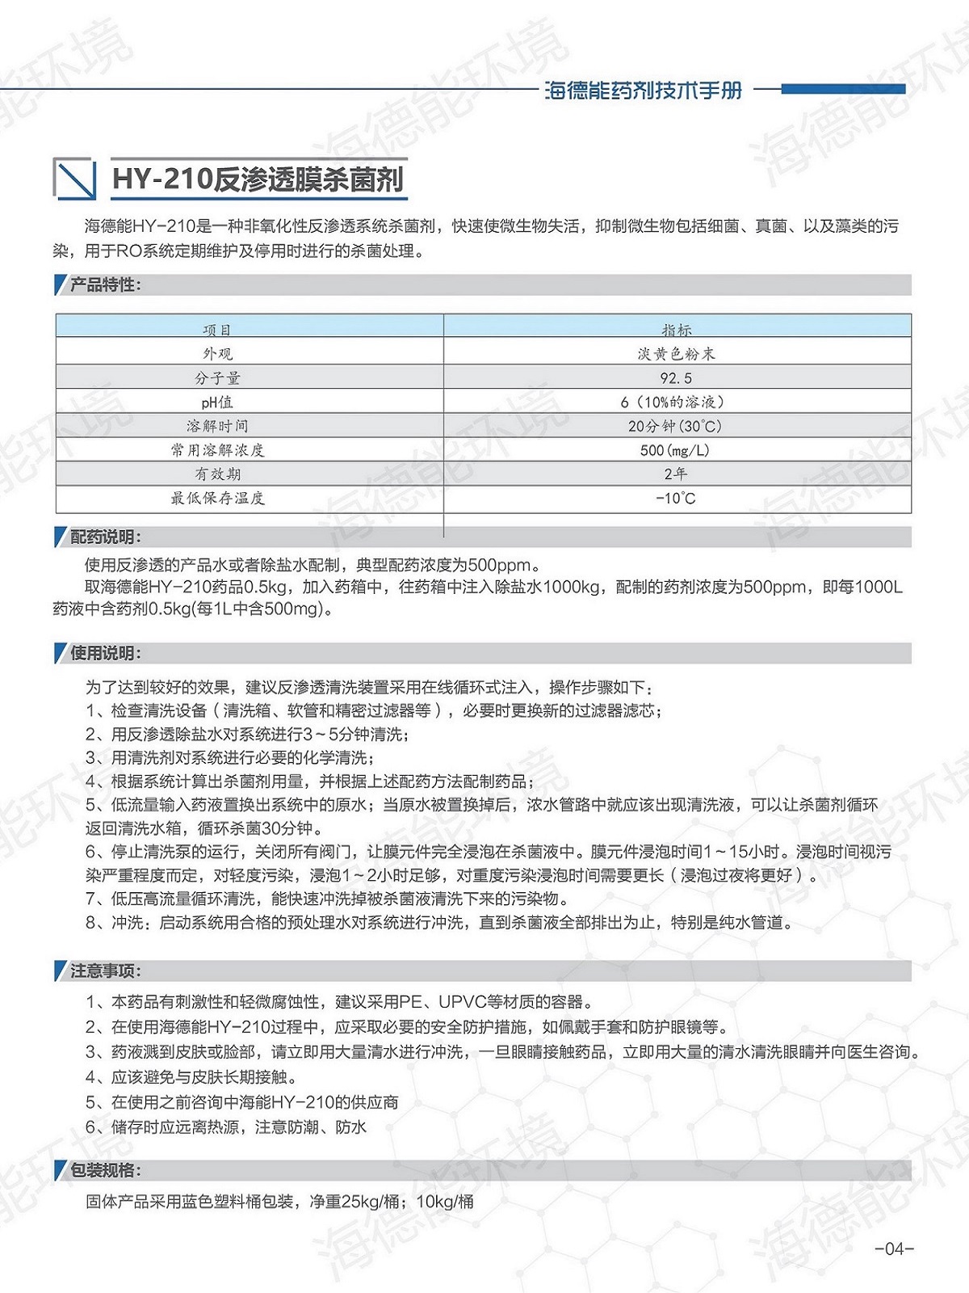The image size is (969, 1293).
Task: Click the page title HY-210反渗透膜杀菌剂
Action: pyautogui.click(x=258, y=179)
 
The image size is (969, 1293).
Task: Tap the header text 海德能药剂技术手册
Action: pyautogui.click(x=643, y=90)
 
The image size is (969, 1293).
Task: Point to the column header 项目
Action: pyautogui.click(x=217, y=330)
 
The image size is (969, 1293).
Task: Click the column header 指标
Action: pyautogui.click(x=677, y=330)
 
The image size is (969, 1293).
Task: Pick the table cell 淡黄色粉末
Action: pyautogui.click(x=677, y=354)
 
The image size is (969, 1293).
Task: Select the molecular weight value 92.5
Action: pyautogui.click(x=677, y=378)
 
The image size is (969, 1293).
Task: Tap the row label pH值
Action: pyautogui.click(x=217, y=402)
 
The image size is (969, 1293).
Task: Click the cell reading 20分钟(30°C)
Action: pyautogui.click(x=676, y=426)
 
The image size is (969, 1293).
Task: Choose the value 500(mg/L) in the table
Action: pyautogui.click(x=676, y=450)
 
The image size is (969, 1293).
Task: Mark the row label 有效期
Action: pyautogui.click(x=217, y=474)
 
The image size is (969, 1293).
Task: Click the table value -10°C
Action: pyautogui.click(x=676, y=499)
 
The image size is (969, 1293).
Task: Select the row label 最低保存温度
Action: pyautogui.click(x=217, y=499)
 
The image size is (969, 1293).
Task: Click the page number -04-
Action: pyautogui.click(x=894, y=1249)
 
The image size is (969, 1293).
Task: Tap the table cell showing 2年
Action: pyautogui.click(x=676, y=474)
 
